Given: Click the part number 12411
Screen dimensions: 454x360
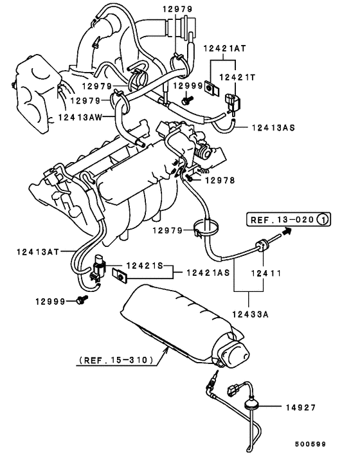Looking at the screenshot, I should point(265,273).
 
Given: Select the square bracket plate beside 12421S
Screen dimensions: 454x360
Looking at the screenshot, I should point(120,277).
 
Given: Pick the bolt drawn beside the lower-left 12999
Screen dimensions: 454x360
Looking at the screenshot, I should point(80,300).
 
